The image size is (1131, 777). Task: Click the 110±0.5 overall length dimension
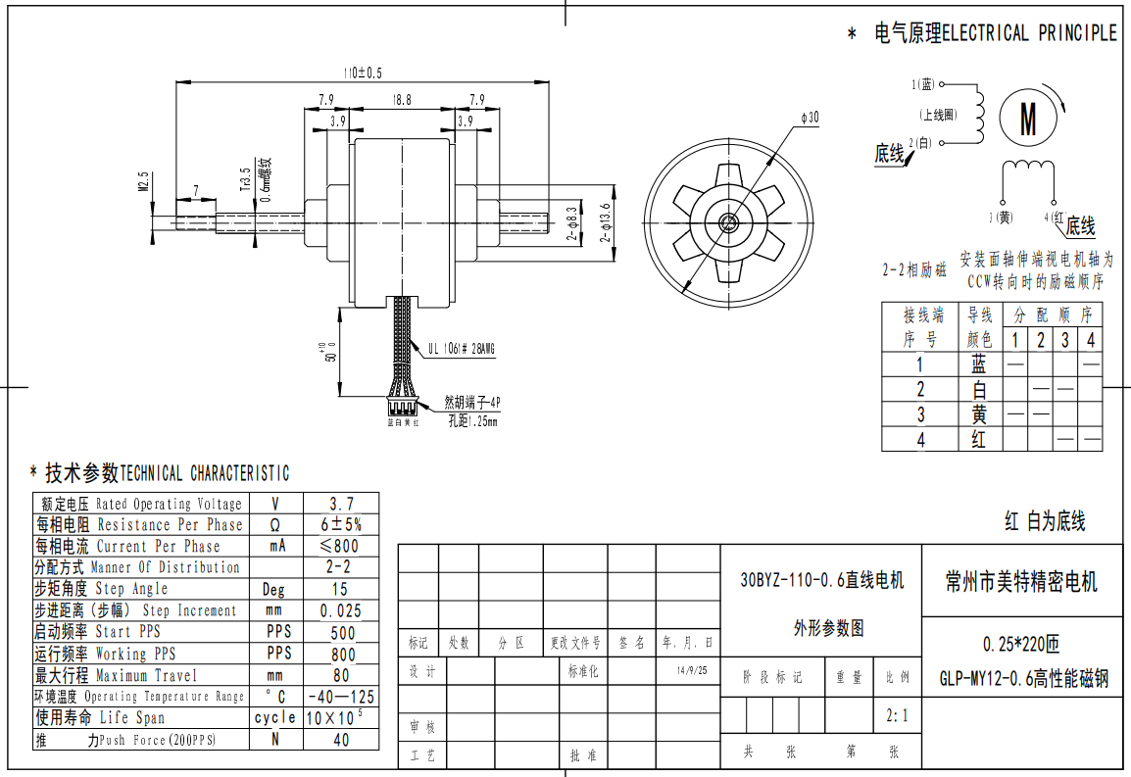coord(362,73)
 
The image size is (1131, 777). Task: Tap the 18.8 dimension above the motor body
coord(402,100)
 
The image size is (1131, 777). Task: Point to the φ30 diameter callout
coord(810,118)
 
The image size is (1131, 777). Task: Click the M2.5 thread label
coord(144,182)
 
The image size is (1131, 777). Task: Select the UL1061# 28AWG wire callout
coord(461,348)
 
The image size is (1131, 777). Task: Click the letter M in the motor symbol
coord(1028,120)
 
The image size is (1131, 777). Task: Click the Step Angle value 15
coord(339,589)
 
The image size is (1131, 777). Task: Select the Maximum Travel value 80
coord(340,675)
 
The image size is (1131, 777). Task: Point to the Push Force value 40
coord(340,740)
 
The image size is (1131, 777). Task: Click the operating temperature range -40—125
coord(341,697)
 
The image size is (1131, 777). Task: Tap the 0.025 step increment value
coord(340,610)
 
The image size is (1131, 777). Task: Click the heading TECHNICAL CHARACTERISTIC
coord(204,473)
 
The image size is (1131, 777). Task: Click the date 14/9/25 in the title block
coord(691,672)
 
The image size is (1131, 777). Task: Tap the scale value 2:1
coord(897,716)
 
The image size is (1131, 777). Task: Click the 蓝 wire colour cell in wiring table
coord(978,364)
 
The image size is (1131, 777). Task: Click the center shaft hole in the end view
coord(727,221)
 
